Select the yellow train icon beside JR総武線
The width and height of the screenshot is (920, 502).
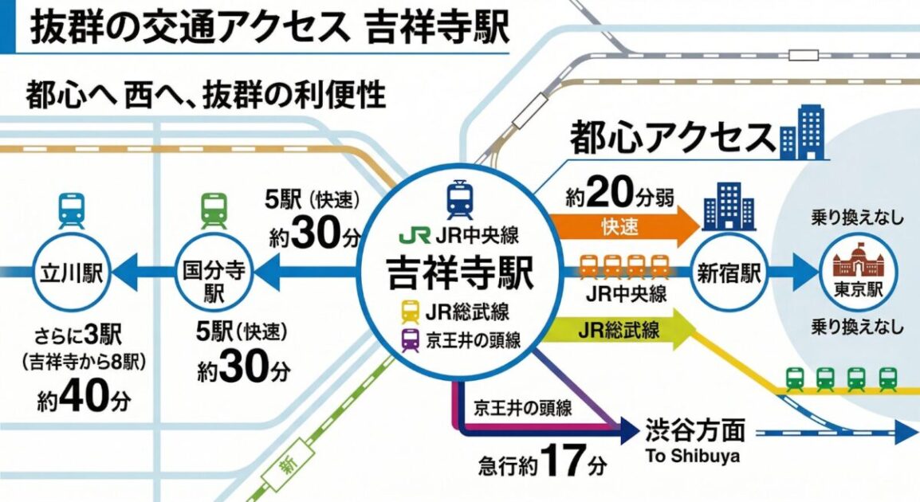(x=411, y=312)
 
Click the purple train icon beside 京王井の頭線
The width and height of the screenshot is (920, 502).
(x=411, y=340)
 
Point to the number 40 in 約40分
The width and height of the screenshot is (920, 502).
(x=81, y=396)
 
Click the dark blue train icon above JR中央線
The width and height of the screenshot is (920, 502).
(x=459, y=198)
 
